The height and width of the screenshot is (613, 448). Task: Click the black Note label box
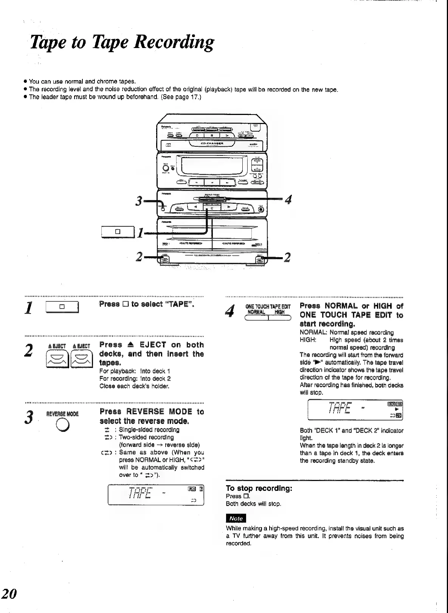(236, 518)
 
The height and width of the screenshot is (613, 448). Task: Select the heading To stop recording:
(259, 488)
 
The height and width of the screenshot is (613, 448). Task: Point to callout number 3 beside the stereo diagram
(139, 202)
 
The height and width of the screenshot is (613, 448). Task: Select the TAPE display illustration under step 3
(156, 495)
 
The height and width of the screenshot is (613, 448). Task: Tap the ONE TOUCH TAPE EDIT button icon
(268, 318)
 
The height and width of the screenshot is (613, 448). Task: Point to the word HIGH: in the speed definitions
(308, 340)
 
